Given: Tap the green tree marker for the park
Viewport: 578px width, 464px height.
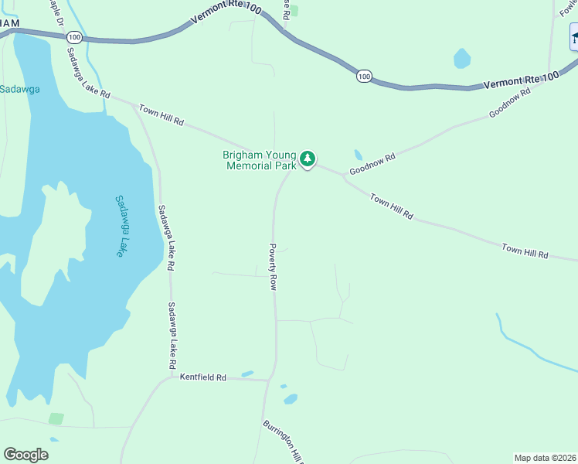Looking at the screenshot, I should [308, 159].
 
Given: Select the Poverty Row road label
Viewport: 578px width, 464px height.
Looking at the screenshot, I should [273, 267].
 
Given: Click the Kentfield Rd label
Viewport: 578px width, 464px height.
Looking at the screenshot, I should [202, 377].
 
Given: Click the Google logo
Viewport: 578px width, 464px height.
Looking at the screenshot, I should [25, 455].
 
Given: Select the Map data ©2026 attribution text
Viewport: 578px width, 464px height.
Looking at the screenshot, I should [546, 458].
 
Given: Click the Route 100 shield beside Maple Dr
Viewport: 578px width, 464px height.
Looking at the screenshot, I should [74, 37].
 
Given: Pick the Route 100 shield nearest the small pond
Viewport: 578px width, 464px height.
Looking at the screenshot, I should [364, 76].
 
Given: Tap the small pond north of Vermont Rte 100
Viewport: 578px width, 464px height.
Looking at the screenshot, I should [461, 59].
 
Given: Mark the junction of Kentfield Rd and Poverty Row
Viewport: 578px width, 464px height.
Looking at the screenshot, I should [269, 380].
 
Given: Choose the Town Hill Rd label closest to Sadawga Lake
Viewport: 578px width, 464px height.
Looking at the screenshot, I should [161, 115].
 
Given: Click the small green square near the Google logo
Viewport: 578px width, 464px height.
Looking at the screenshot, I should [56, 418].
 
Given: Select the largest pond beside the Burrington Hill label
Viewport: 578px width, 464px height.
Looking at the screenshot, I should [291, 399].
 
